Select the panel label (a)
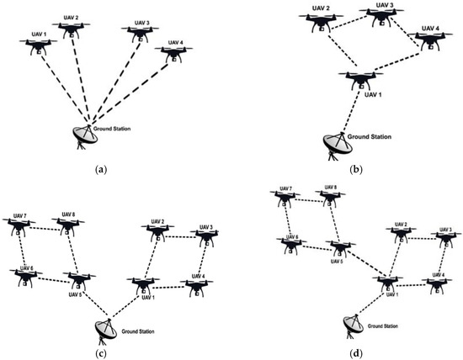coord(102,169)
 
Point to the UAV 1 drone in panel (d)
coord(387,281)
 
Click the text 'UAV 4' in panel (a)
coord(174,41)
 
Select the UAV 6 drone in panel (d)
coord(291,246)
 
